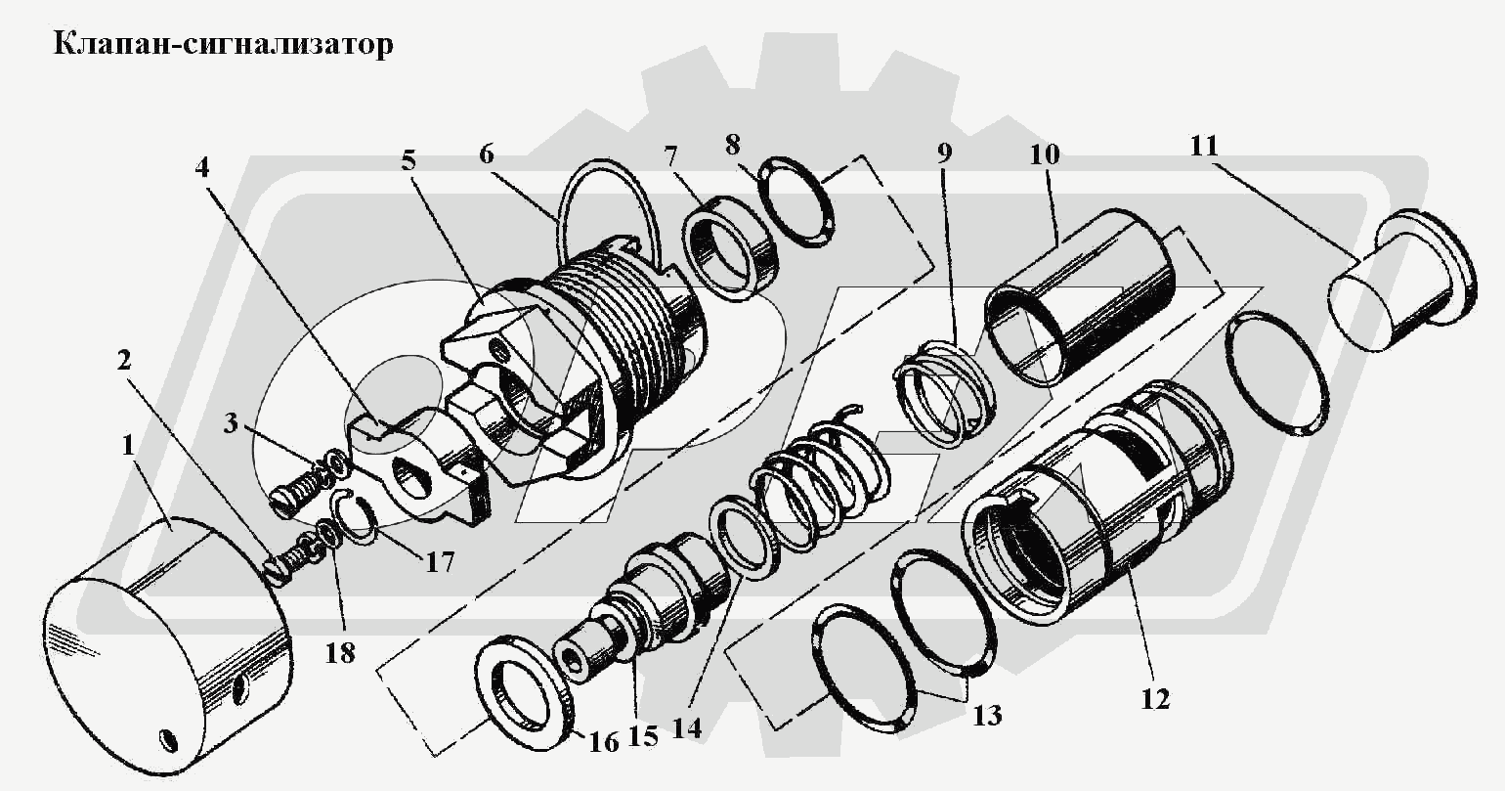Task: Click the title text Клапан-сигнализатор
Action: [224, 45]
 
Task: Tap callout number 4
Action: [201, 166]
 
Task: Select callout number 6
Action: [487, 154]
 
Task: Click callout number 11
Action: [1205, 146]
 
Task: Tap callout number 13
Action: [987, 715]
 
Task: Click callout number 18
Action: [339, 652]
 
